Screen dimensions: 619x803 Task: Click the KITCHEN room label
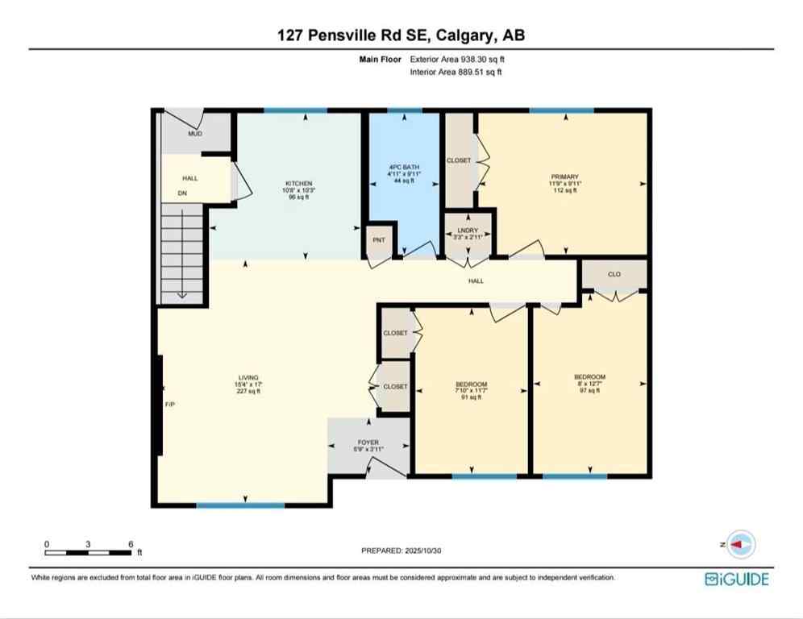298,184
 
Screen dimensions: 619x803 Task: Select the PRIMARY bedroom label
565,177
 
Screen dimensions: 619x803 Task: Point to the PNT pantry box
379,240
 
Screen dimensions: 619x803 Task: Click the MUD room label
195,133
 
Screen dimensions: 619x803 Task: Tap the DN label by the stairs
182,193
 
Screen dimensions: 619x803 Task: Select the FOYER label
368,442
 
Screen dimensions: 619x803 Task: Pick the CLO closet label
614,275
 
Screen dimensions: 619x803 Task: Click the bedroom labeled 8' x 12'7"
589,377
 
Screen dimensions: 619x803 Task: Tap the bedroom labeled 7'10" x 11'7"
471,384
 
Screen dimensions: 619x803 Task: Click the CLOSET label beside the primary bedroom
459,160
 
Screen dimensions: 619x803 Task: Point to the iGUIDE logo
736,578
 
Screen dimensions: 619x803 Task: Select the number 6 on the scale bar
131,544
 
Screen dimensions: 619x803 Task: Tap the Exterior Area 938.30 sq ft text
457,59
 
